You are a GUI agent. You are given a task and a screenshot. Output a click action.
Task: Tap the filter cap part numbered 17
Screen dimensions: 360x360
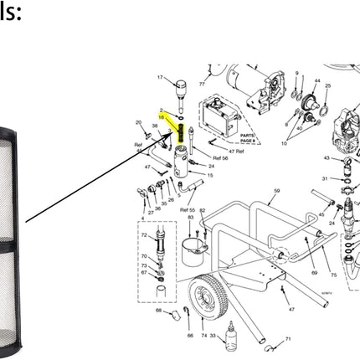click(x=180, y=88)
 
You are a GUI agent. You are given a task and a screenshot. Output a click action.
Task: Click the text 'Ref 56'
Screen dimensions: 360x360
click(x=220, y=157)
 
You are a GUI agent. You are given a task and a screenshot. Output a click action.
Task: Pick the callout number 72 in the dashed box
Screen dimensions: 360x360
click(x=143, y=236)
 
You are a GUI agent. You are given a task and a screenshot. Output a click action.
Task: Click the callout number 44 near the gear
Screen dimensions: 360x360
click(x=317, y=81)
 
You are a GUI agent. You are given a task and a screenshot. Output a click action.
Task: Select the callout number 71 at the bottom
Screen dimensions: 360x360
click(x=287, y=339)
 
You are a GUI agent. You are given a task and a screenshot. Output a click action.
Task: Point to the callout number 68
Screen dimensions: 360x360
click(x=159, y=311)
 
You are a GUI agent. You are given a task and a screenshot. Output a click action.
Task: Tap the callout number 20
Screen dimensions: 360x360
click(x=138, y=123)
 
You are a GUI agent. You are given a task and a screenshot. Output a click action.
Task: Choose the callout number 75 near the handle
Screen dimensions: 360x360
click(x=333, y=273)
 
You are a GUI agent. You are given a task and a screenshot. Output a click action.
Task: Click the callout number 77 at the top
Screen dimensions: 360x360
click(x=201, y=84)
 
